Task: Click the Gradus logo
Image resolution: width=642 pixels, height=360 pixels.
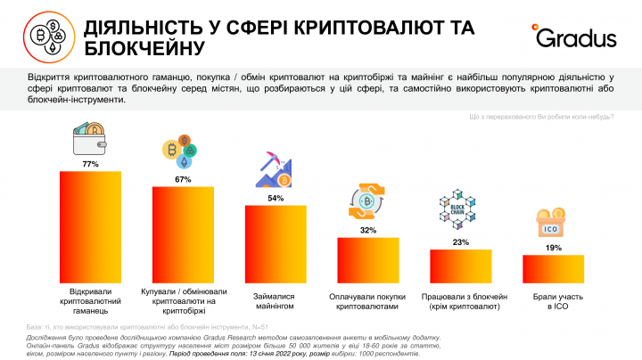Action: click(576, 37)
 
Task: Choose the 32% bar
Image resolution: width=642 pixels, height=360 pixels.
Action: click(367, 258)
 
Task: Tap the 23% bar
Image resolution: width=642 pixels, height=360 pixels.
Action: click(461, 265)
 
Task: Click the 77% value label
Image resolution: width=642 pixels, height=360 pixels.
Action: click(89, 165)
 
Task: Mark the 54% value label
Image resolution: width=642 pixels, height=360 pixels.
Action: click(276, 198)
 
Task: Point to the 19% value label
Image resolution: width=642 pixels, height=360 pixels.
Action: click(553, 248)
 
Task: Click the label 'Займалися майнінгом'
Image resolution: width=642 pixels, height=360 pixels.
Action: click(276, 300)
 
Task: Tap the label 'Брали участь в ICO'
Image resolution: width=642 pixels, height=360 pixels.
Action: click(553, 300)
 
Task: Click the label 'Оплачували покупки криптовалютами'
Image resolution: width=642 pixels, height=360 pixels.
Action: click(367, 300)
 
